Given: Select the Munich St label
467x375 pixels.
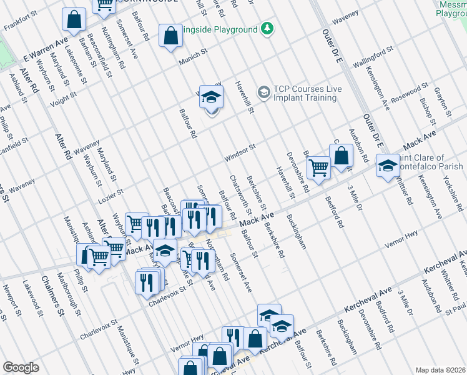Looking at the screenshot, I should tap(193, 59).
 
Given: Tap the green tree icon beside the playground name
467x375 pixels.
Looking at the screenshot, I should tap(267, 29).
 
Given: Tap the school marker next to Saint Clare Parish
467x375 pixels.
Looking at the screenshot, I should tap(387, 166).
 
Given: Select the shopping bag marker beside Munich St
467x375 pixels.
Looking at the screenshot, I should tap(170, 36).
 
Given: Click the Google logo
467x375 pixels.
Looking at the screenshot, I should tap(21, 367).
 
